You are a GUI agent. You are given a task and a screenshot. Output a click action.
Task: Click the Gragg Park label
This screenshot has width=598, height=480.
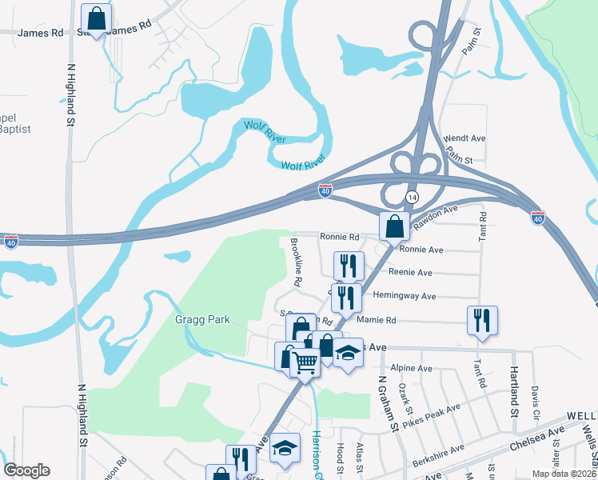pos(203,320)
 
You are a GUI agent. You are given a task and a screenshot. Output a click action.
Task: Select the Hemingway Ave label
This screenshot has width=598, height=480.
pos(404,296)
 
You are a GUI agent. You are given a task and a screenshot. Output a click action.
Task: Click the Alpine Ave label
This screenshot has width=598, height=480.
pos(413,369)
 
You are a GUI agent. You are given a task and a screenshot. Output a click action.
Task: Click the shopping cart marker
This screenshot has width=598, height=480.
pos(305,362)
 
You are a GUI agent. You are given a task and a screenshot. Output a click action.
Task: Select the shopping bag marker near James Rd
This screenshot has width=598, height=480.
pos(96,18)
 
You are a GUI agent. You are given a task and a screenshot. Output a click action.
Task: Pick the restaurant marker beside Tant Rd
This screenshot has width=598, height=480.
pos(482,320)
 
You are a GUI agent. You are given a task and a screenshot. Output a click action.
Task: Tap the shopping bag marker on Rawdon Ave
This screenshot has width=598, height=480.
pos(395,226)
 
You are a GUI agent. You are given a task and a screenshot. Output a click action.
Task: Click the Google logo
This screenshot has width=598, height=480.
pos(26,470)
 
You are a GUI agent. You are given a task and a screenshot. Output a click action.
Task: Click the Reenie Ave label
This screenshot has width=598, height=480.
pos(416,273)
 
